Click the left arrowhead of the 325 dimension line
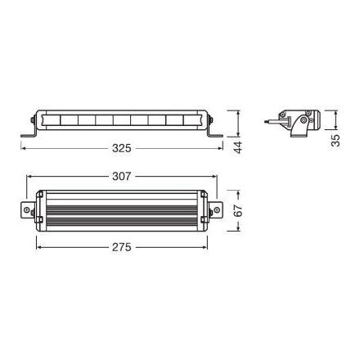24,149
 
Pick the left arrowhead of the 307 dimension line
29,175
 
